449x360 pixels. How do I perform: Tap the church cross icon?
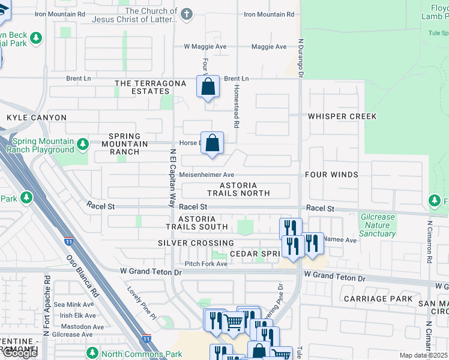(x=187, y=14)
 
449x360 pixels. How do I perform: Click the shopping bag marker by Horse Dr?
(x=212, y=143)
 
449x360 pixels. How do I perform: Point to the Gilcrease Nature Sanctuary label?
(x=378, y=225)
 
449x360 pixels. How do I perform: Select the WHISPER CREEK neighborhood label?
(x=342, y=116)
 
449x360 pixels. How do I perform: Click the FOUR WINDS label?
(x=331, y=175)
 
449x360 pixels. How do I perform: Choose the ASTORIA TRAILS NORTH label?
(x=238, y=190)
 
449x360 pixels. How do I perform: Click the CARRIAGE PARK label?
(x=378, y=298)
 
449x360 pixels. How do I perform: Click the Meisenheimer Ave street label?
(x=206, y=175)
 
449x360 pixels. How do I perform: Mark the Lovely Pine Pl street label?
(x=141, y=303)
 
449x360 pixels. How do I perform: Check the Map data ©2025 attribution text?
(x=424, y=355)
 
